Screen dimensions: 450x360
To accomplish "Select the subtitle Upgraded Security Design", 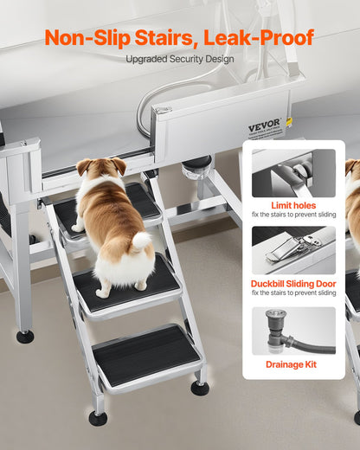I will click(179, 60).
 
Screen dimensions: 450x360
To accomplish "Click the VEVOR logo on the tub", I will click(264, 124).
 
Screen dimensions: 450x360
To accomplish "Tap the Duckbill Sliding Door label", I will click(293, 282).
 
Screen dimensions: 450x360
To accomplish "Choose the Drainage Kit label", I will click(293, 364).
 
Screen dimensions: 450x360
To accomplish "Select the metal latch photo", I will click(293, 250).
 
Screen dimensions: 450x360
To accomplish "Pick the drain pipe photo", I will click(293, 331).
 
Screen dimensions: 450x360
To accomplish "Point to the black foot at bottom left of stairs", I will click(98, 418).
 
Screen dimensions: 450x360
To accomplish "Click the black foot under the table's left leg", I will click(25, 336).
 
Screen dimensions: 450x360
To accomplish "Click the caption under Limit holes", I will click(293, 214).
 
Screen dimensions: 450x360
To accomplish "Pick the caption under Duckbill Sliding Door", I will click(293, 293).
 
